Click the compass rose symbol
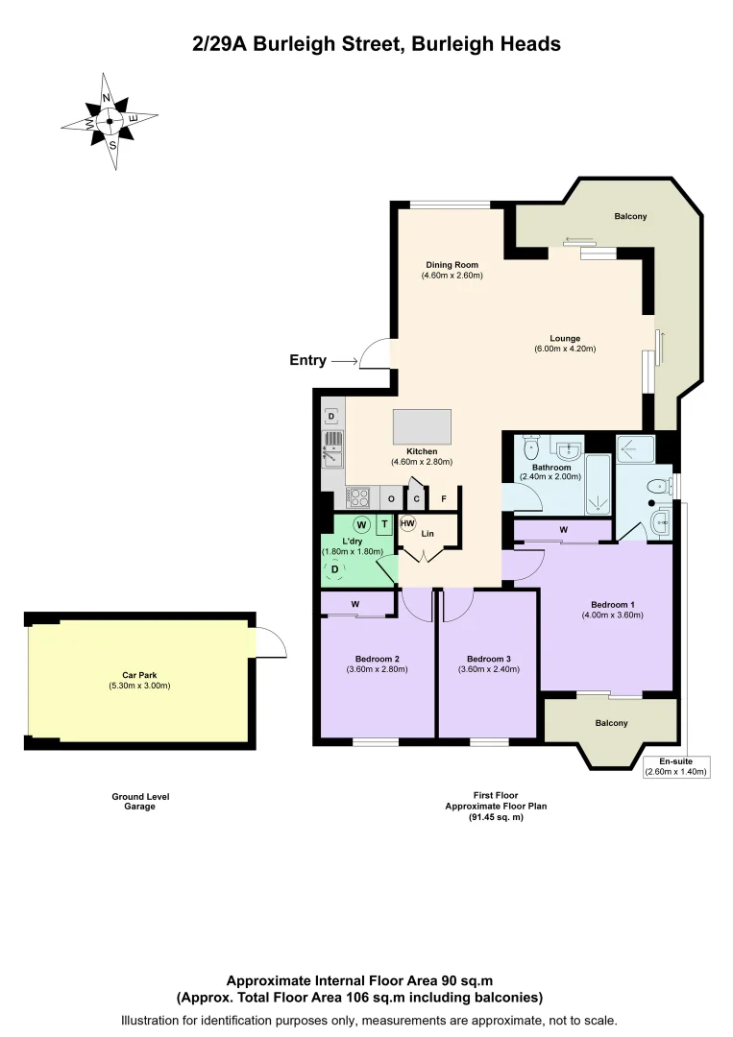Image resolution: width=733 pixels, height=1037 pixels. tap(109, 122)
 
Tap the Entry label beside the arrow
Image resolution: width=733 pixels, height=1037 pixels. tap(307, 361)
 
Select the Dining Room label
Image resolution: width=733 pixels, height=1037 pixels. tap(452, 265)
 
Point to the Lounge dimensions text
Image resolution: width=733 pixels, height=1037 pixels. tap(565, 349)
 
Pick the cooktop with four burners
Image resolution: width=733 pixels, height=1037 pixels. tap(359, 497)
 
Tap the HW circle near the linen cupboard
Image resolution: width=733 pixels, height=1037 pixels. tap(407, 524)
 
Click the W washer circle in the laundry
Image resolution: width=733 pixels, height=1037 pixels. tap(360, 524)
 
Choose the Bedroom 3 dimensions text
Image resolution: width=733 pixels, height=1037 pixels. tap(487, 669)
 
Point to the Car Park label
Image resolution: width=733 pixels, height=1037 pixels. tap(139, 675)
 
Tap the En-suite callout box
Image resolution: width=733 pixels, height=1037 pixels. tap(675, 766)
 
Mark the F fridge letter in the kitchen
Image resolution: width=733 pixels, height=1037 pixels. tap(443, 498)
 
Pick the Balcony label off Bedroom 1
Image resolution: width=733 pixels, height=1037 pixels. tap(611, 723)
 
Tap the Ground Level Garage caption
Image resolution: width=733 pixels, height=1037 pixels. tap(139, 802)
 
